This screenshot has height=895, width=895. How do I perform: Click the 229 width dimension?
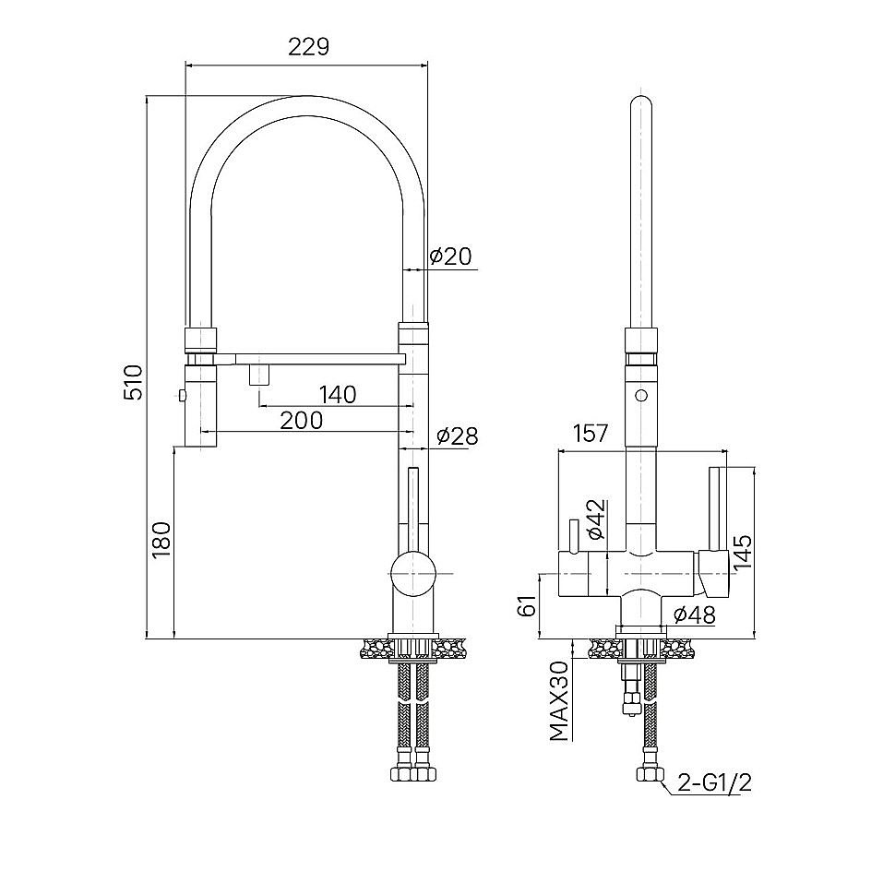pos(308,47)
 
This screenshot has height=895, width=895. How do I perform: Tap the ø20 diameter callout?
pos(451,257)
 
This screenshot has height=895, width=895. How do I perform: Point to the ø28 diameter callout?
pos(458,436)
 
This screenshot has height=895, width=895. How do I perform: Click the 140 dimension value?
pos(338,394)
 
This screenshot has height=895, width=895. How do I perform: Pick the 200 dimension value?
pos(302,421)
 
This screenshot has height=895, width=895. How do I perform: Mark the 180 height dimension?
pos(161,540)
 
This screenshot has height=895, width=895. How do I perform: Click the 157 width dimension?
pos(591,434)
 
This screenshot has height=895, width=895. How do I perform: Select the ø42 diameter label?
pos(595,519)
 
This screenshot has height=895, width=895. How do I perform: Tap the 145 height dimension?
pos(744,553)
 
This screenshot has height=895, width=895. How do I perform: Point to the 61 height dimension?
pos(528,604)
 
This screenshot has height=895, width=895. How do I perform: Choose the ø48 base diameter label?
pos(694,615)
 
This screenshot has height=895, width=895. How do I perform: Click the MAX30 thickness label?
pos(560,701)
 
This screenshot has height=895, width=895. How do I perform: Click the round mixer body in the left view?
pos(413,574)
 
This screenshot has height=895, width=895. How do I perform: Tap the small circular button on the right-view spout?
pos(641,395)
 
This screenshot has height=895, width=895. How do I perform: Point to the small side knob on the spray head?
pos(182,394)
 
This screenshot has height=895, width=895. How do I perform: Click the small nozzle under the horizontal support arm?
pos(258,375)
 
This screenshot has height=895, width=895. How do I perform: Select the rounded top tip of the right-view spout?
pos(641,101)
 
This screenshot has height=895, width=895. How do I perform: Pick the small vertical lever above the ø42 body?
pos(573,537)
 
